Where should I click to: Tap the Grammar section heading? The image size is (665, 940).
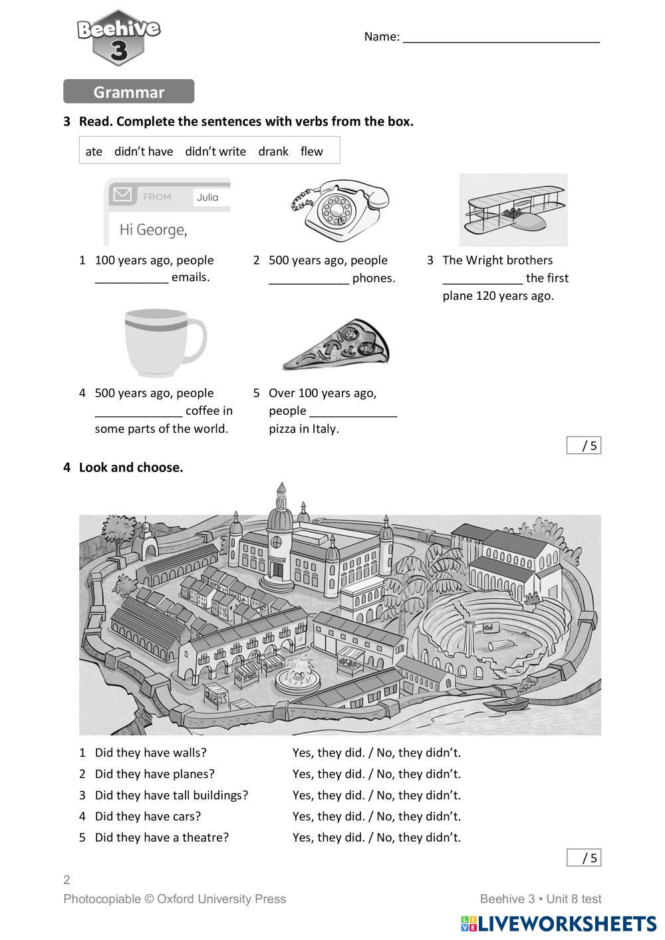pos(128,92)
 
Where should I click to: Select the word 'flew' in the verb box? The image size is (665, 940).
pos(311,152)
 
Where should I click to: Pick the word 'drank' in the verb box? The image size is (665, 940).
pos(273,152)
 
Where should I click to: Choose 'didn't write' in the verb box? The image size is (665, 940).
pos(215,152)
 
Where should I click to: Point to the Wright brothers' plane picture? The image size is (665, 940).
pos(513,210)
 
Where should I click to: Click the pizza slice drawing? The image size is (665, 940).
pos(336,344)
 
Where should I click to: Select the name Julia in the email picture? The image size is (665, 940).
pos(207,197)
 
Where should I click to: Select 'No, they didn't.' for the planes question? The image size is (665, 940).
pos(418,774)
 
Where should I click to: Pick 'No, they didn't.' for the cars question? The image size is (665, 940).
pos(418,816)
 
